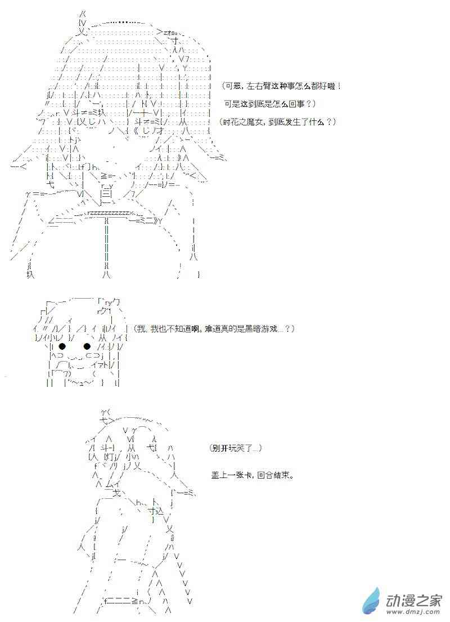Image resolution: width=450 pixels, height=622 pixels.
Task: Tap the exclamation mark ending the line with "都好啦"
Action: coord(339,85)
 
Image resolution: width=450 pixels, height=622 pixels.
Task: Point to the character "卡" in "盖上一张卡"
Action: coord(248,475)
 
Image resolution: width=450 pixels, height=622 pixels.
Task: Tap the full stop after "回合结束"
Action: coord(293,476)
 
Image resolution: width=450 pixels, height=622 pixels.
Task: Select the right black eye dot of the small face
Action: coord(87,346)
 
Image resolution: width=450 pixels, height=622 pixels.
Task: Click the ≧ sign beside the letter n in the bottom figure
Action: coord(135,601)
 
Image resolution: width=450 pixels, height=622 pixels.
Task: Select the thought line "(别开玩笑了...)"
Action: coord(235,448)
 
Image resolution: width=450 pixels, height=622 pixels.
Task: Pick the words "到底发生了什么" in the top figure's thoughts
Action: coord(296,122)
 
